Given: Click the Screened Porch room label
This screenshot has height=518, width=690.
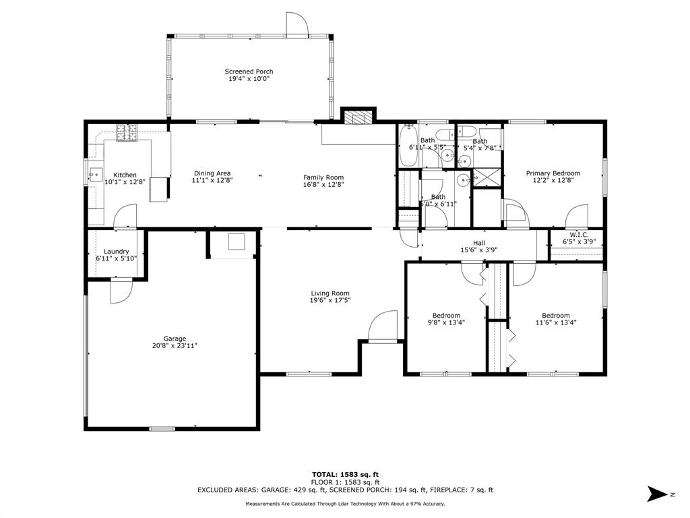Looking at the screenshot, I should point(249,71).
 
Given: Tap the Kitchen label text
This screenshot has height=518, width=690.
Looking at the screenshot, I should point(125,175).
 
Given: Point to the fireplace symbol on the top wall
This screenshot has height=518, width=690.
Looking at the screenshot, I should point(357,117).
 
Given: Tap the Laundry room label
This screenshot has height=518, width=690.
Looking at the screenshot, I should point(116,252).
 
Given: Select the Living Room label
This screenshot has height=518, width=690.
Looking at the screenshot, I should point(330,293).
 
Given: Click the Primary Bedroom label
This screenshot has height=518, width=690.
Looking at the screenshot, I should point(553,173).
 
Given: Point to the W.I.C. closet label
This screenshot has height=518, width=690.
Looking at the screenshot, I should point(579,235).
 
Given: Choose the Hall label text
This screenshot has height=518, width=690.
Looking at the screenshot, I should point(479,243).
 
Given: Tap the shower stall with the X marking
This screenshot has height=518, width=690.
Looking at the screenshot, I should point(486,177).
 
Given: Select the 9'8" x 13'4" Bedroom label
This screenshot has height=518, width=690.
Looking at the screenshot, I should point(446,316).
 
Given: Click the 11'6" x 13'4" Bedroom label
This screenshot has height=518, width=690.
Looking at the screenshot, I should point(556,316).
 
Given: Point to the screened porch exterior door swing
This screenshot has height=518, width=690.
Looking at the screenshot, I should point(296,23).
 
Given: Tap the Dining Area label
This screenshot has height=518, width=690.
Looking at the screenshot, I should point(212,173).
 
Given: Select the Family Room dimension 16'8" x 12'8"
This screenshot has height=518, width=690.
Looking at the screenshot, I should point(323,185).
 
